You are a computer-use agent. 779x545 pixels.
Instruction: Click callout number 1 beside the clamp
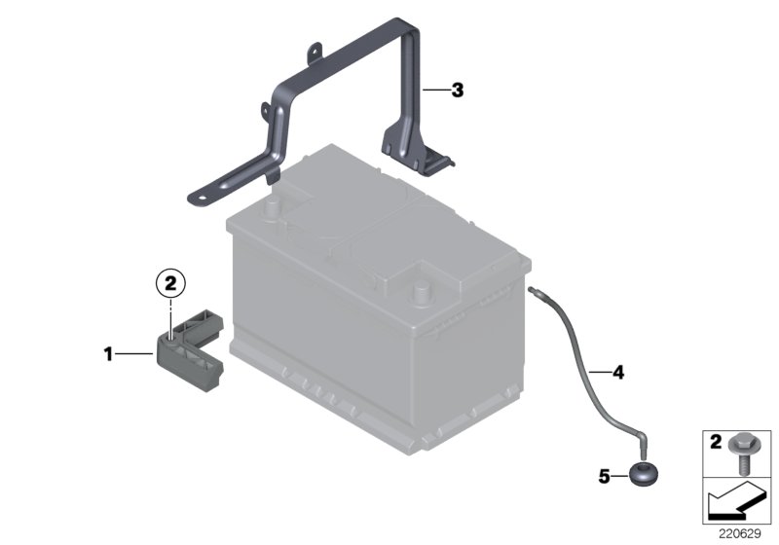click(109, 354)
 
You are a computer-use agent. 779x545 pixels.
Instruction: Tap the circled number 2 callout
click(169, 283)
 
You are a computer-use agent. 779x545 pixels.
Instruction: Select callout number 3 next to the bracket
click(457, 91)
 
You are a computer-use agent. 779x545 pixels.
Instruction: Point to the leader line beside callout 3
click(435, 91)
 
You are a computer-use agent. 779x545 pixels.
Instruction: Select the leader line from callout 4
click(598, 371)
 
